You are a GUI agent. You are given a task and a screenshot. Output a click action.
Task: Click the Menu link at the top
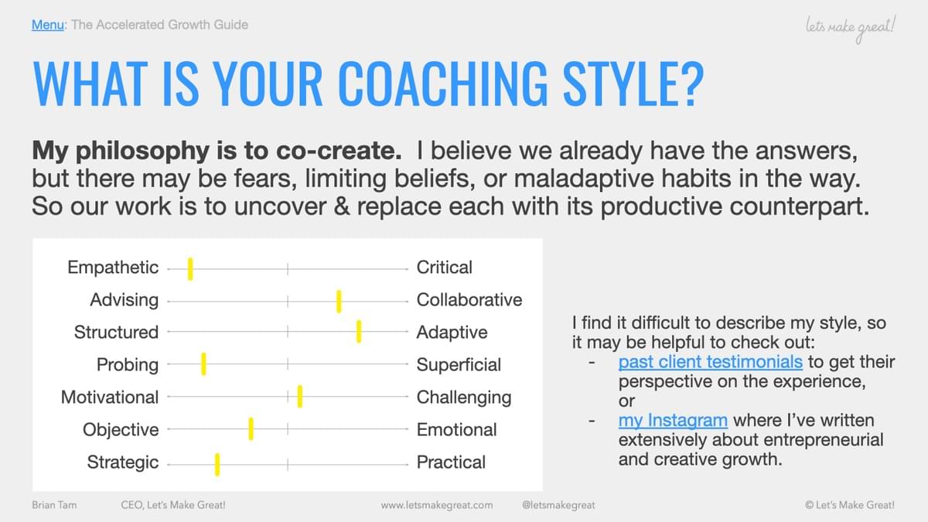(x=48, y=25)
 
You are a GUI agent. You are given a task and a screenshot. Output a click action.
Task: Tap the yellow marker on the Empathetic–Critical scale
(x=190, y=269)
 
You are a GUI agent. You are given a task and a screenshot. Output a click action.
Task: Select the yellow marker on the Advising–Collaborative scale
(x=339, y=301)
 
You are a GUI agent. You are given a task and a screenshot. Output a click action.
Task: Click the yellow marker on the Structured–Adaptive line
(x=359, y=332)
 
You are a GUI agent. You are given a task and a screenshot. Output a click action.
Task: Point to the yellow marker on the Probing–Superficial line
(x=203, y=364)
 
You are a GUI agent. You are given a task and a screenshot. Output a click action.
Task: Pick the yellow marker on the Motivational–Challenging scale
(x=300, y=397)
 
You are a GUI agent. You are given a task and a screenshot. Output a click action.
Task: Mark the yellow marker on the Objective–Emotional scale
(x=251, y=428)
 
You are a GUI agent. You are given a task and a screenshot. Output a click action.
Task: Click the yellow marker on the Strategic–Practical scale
(x=217, y=465)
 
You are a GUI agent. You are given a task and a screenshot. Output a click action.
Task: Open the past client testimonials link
(x=711, y=362)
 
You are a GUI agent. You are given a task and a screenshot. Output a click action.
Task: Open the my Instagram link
(x=673, y=421)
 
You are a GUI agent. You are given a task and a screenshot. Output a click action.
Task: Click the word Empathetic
(x=113, y=268)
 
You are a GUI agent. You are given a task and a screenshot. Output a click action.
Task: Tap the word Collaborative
(x=469, y=300)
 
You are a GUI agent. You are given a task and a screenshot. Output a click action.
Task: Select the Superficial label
(x=459, y=365)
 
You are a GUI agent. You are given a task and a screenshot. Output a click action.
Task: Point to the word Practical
(x=451, y=462)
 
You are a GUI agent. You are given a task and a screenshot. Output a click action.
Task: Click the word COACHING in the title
(x=443, y=84)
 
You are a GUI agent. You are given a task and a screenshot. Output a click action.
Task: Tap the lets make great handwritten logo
(x=850, y=28)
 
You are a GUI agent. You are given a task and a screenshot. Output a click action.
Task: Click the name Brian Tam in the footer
(x=54, y=506)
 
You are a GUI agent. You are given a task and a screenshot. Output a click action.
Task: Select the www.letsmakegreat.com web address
(x=437, y=506)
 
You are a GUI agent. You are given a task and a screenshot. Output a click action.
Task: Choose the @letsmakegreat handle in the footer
(x=558, y=506)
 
